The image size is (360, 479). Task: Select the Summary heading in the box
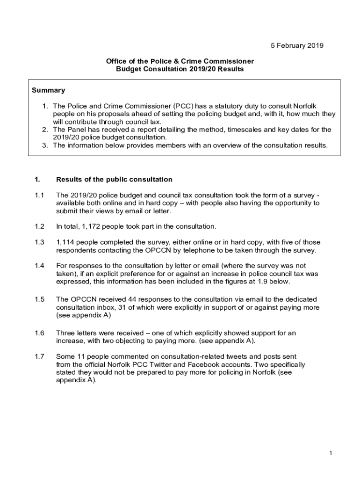[x=48, y=90]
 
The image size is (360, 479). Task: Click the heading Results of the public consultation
[x=114, y=179]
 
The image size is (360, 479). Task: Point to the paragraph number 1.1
[x=39, y=195]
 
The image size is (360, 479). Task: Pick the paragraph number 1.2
[x=39, y=226]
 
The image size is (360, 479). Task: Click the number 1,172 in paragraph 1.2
[x=92, y=226]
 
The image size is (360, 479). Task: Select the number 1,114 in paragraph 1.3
[x=67, y=242]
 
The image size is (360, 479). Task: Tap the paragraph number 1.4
[x=39, y=266]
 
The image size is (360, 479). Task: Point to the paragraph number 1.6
[x=39, y=333]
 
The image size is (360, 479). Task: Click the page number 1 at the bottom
[x=330, y=453]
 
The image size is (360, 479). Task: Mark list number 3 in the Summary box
[x=45, y=145]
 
